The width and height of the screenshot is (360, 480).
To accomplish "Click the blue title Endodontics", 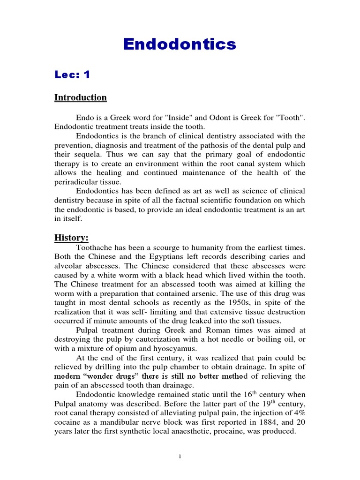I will (x=180, y=45).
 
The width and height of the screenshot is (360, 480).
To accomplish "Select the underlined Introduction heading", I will (x=81, y=97).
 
